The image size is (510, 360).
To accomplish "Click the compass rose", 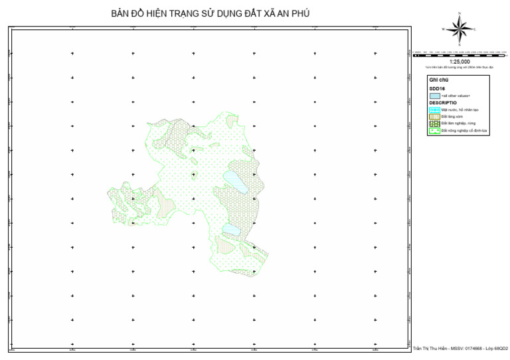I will point(458,29).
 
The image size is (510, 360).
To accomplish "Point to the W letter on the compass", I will point(443,30).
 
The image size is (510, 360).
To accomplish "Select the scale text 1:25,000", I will point(459,62).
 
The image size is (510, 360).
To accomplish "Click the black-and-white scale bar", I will point(459,51).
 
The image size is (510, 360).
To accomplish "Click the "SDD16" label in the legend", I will point(436,88).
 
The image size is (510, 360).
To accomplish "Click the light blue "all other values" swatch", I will point(434,96).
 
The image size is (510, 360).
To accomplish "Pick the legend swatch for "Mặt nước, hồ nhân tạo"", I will point(434,110).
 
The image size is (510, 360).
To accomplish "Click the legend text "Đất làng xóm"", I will point(452,116).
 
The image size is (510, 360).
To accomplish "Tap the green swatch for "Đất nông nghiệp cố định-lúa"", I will point(434,130).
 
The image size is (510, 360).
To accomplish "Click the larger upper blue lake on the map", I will point(236,182).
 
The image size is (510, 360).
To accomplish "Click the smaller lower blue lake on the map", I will point(230,229).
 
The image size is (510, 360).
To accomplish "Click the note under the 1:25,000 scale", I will point(459,67).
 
